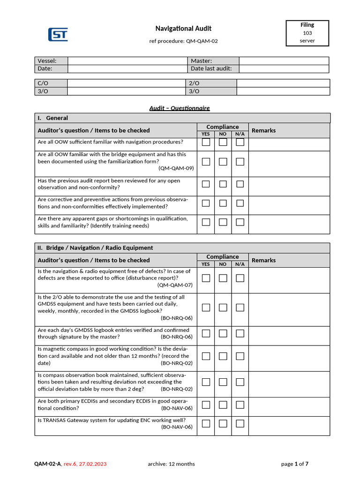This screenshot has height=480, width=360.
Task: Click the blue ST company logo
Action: [58, 35]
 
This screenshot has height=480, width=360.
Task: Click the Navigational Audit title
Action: [183, 29]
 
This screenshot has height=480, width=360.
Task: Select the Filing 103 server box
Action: [307, 33]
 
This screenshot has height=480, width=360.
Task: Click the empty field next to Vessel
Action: [127, 61]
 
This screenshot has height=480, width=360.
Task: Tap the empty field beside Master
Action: [284, 61]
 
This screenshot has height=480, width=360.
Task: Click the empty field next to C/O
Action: [127, 83]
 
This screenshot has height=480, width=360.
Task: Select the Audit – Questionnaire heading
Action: [180, 108]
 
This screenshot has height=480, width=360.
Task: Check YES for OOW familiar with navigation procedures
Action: [206, 142]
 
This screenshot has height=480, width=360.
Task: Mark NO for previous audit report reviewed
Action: [223, 184]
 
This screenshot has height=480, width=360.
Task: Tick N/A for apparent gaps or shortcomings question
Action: [240, 222]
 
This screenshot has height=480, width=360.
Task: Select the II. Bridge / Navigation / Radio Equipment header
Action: [95, 247]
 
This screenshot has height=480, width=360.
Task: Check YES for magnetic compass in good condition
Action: [206, 356]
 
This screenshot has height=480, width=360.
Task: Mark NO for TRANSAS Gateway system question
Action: [223, 424]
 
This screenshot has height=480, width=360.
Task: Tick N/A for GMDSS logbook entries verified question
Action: [240, 333]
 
